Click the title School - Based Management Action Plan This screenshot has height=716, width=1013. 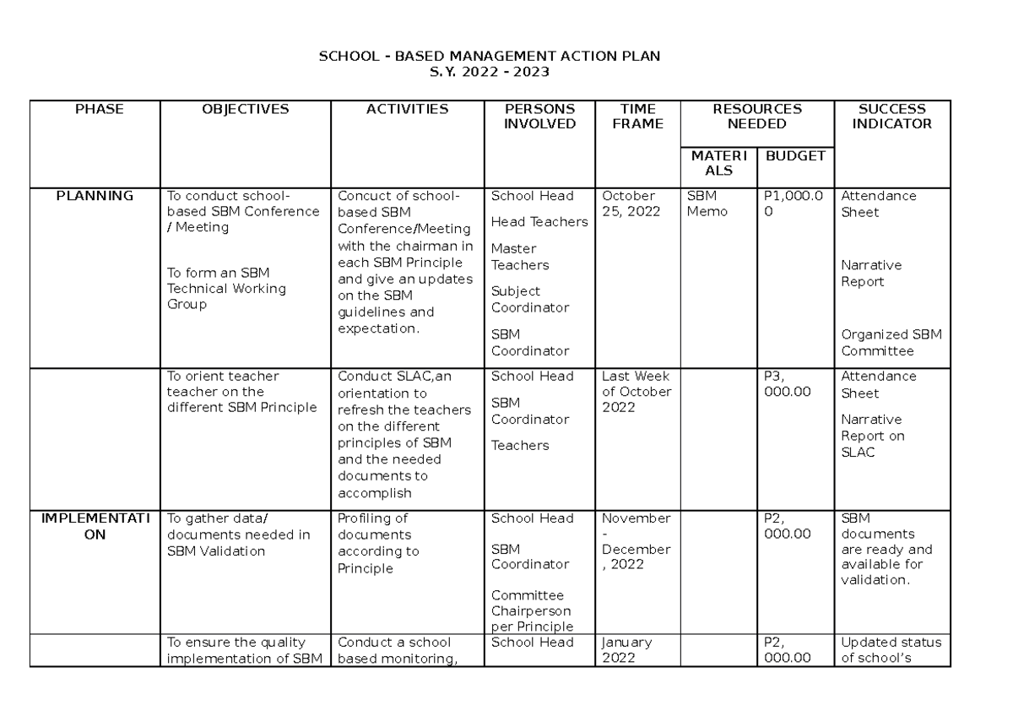tap(489, 57)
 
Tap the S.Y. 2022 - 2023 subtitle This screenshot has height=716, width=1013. tap(489, 73)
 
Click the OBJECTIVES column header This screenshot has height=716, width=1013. tap(245, 109)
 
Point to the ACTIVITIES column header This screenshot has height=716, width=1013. tap(407, 109)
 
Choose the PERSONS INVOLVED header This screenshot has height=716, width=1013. tap(539, 117)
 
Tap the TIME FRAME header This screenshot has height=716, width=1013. tap(637, 117)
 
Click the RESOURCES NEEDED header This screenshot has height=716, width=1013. tap(757, 117)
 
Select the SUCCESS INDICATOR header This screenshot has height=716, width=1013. tap(891, 117)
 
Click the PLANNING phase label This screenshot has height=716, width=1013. tap(95, 196)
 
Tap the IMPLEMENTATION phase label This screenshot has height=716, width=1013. tap(95, 526)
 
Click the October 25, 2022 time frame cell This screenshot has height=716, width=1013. tap(631, 203)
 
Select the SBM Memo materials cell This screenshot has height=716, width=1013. tap(707, 203)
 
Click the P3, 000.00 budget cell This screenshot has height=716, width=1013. tap(787, 384)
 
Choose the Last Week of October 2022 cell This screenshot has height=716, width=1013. tap(636, 392)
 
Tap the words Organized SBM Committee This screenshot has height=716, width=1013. tap(891, 343)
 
